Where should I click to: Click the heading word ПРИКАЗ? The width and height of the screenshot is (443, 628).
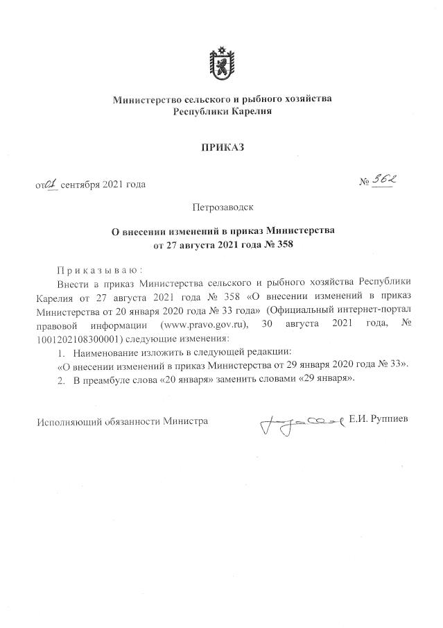point(223,147)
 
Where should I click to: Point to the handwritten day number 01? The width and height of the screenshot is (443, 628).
point(51,184)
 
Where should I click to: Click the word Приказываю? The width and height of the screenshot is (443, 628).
point(100,270)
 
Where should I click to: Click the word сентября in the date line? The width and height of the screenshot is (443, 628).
point(80,185)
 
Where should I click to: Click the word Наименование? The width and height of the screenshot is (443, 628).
point(107,352)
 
